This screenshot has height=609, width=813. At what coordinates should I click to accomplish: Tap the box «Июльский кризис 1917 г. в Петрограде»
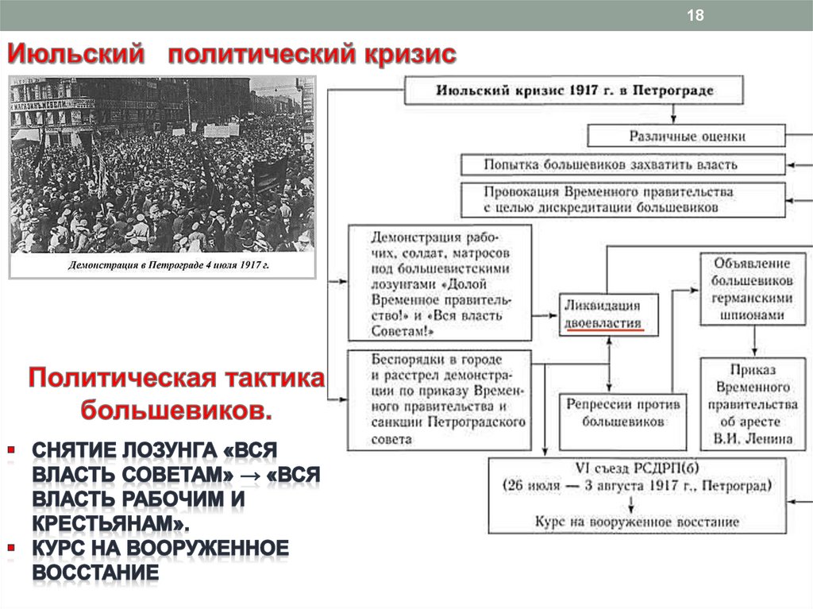point(574,90)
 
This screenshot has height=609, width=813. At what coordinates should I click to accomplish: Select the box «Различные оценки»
point(688,136)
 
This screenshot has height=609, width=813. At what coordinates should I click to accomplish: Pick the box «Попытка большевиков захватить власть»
point(623,164)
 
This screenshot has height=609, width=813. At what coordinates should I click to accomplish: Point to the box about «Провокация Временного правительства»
point(623,199)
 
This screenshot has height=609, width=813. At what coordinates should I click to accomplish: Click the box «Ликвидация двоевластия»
point(600,314)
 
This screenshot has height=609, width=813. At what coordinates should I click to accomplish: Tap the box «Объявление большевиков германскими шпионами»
point(751,288)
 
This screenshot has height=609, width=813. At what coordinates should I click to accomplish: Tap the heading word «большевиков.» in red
point(176,410)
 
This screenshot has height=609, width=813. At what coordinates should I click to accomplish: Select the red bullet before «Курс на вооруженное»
point(11,548)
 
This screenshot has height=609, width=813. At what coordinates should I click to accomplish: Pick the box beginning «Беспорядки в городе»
point(439,399)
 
